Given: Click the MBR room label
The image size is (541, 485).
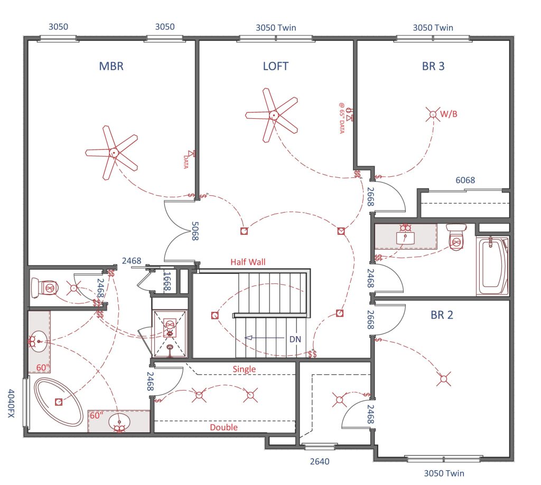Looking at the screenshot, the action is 111,66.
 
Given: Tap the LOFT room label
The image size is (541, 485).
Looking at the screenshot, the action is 275,66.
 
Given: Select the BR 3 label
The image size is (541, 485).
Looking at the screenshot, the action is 433,66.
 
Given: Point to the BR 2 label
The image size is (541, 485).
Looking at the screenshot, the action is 442,315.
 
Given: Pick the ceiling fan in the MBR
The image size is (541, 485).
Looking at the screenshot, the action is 113,153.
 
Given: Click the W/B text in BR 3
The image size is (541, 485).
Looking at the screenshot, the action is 449,114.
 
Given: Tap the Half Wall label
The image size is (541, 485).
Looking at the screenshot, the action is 248,262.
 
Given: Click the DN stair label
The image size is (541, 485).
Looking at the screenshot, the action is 295,339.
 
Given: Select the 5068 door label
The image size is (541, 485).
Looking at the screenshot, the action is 195,231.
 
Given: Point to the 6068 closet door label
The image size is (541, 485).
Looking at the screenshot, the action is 465,180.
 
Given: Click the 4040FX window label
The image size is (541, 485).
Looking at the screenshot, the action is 11,403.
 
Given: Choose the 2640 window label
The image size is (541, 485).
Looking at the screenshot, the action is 320,461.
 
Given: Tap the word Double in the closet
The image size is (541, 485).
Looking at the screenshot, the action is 223,427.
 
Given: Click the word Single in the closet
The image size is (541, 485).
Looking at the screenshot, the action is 244,369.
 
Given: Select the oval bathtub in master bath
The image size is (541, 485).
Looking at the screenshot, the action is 59,402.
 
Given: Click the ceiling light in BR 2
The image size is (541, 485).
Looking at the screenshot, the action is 444,379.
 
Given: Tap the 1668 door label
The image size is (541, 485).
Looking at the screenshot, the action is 167,281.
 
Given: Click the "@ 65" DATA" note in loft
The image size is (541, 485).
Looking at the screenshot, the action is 342,118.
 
